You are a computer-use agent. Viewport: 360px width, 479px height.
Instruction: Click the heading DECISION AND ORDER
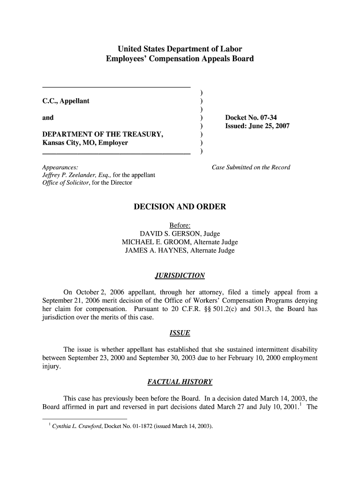click(180, 207)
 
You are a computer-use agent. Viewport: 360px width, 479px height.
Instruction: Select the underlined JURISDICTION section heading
click(180, 275)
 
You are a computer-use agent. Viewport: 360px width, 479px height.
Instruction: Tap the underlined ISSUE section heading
click(180, 333)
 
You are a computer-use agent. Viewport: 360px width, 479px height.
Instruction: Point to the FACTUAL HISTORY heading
click(180, 382)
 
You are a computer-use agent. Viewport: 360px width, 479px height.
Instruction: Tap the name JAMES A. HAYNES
click(155, 251)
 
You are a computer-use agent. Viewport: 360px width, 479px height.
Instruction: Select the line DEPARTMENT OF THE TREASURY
click(103, 135)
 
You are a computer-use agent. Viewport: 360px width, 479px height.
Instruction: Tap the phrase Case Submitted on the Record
click(251, 167)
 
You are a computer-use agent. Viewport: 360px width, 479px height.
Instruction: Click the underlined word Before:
click(180, 225)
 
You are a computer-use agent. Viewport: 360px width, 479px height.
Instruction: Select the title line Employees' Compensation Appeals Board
click(180, 59)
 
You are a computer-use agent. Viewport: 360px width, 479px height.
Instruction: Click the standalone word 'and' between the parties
click(48, 118)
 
